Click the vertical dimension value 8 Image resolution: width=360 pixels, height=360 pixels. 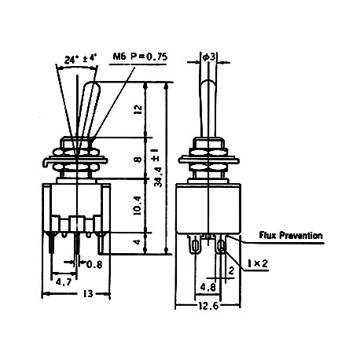(x=138, y=160)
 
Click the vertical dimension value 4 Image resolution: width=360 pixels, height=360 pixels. (x=138, y=242)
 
